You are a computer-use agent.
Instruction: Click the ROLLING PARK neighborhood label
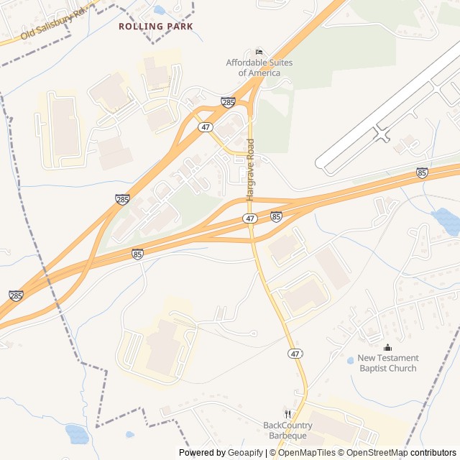pos(156,26)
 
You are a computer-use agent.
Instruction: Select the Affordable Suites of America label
pos(259,68)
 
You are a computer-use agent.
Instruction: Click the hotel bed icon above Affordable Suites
pos(259,52)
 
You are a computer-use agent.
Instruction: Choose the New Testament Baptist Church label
pos(388,363)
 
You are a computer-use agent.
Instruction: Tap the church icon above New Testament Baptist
pos(388,348)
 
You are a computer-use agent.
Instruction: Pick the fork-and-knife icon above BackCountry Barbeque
pos(287,414)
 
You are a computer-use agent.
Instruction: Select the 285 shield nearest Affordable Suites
pos(228,102)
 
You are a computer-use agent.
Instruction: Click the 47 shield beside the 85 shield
pos(249,218)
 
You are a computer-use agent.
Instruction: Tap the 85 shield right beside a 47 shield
pos(276,216)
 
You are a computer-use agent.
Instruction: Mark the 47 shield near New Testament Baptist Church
pos(295,354)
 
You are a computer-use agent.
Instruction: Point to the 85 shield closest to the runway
pos(423,172)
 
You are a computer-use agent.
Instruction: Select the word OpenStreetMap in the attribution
pos(374,453)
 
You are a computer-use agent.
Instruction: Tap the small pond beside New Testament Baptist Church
pos(351,360)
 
